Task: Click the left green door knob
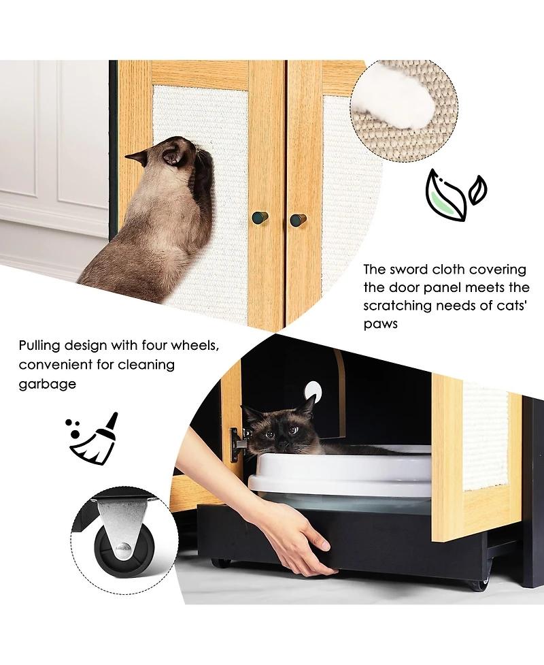tap(260, 218)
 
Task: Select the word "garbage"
tap(47, 384)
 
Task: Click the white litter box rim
tap(340, 470)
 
